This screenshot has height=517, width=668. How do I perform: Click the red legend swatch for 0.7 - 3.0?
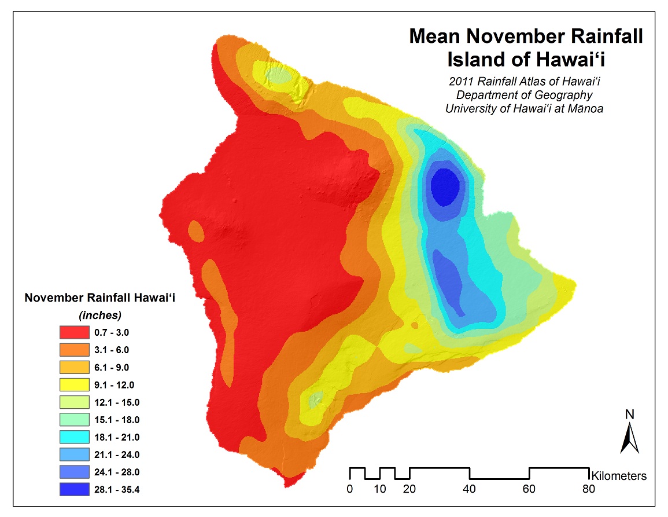coord(74,332)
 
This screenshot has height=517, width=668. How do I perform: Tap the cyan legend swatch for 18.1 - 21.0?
coord(74,437)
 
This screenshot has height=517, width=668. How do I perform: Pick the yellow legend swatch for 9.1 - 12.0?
coord(74,385)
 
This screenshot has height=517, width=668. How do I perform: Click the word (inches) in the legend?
coord(100,315)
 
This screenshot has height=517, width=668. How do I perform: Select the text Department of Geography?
coord(525,95)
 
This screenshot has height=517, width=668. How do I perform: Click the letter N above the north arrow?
coord(630,415)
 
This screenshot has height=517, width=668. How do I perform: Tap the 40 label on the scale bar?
coord(469,489)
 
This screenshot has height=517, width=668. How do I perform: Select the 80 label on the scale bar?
coord(589,489)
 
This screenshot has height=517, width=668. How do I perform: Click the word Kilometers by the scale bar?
coord(618,476)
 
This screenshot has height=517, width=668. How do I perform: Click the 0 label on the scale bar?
coord(349,489)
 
